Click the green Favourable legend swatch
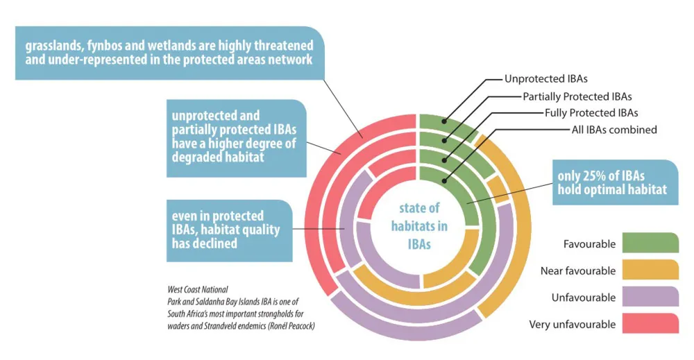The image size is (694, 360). [650, 243]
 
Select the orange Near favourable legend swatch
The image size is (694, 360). [650, 271]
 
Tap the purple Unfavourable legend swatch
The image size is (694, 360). [650, 298]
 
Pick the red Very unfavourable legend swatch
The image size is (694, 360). [650, 324]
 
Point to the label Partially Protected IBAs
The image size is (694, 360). [577, 96]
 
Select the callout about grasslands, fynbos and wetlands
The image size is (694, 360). [169, 53]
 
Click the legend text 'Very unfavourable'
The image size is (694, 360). [572, 324]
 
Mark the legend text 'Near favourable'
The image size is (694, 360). [577, 271]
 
